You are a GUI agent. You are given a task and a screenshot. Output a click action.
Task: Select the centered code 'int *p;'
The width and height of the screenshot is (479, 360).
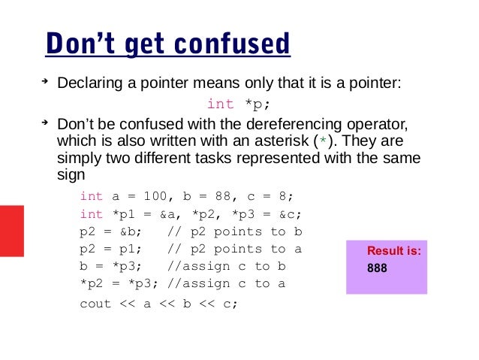[x=236, y=104]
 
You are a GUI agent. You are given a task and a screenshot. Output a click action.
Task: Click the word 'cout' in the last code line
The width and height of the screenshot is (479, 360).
[x=95, y=304]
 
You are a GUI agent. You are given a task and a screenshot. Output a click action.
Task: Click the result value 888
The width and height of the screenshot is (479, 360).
[x=378, y=267]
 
